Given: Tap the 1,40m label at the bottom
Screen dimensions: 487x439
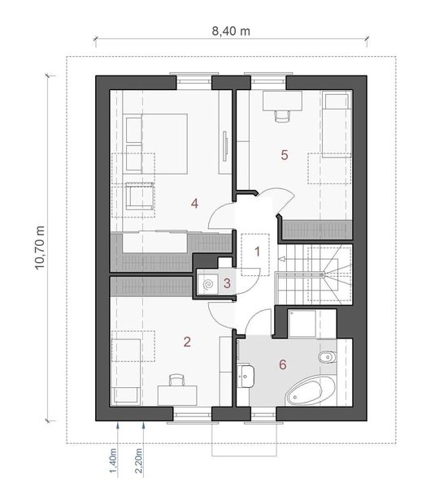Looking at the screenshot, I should click(x=114, y=462).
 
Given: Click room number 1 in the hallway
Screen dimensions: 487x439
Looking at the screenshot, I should click(x=257, y=251).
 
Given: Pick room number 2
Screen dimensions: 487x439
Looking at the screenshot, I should click(x=187, y=342).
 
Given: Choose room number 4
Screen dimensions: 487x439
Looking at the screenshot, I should click(x=194, y=203).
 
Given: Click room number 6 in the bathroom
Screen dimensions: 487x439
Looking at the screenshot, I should click(x=283, y=364).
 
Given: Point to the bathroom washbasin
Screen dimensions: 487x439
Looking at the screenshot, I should click(x=247, y=375).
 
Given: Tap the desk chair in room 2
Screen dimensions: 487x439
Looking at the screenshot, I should click(x=176, y=380).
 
